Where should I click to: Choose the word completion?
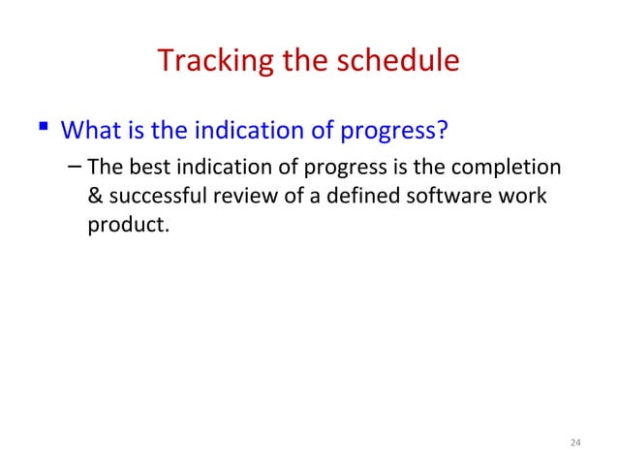pyautogui.click(x=512, y=167)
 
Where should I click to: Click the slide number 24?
pyautogui.click(x=575, y=443)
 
